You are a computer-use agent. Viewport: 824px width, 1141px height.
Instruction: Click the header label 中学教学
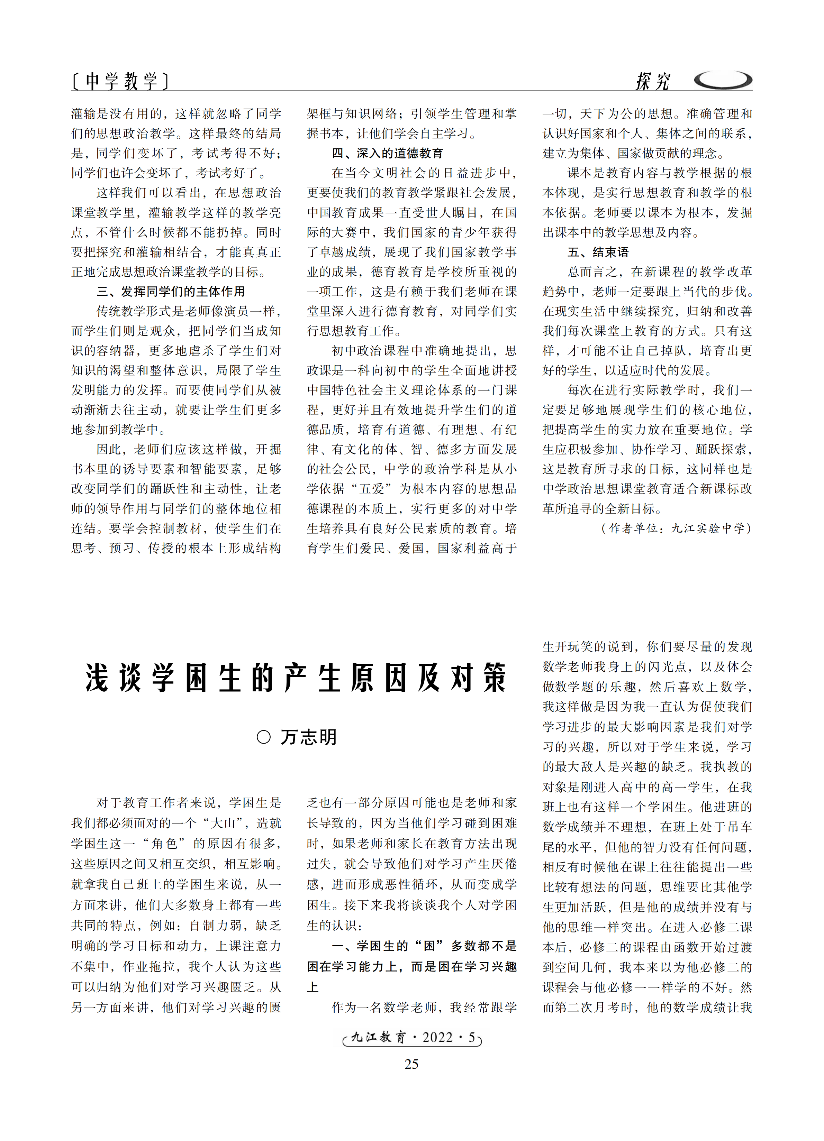(x=120, y=81)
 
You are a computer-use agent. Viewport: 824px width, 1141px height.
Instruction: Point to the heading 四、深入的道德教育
(x=387, y=154)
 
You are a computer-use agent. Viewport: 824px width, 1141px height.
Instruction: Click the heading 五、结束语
(x=598, y=252)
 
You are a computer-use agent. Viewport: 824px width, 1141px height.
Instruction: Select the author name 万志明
(x=309, y=737)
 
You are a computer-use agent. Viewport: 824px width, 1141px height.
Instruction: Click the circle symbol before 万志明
(x=264, y=737)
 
